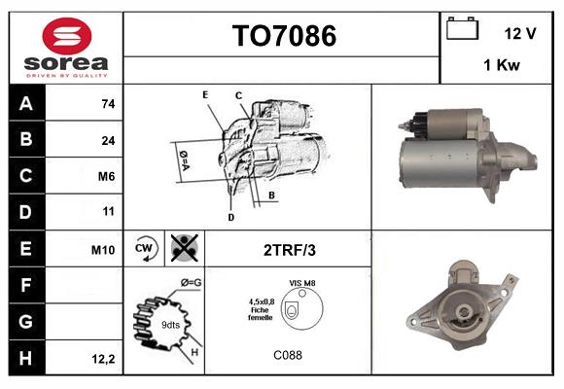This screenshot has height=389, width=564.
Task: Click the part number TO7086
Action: [x=283, y=37]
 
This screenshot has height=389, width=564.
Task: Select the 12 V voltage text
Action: [x=520, y=33]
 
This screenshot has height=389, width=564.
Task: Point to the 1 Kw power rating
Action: [x=500, y=66]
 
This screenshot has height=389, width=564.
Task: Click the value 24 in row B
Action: [x=108, y=140]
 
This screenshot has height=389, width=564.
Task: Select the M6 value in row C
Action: [x=106, y=176]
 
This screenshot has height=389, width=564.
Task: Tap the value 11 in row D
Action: [x=108, y=211]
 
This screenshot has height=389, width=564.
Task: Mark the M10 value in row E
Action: [x=103, y=250]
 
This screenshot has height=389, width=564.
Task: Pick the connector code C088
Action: [x=287, y=355]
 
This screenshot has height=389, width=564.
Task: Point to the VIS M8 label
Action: [x=301, y=282]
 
